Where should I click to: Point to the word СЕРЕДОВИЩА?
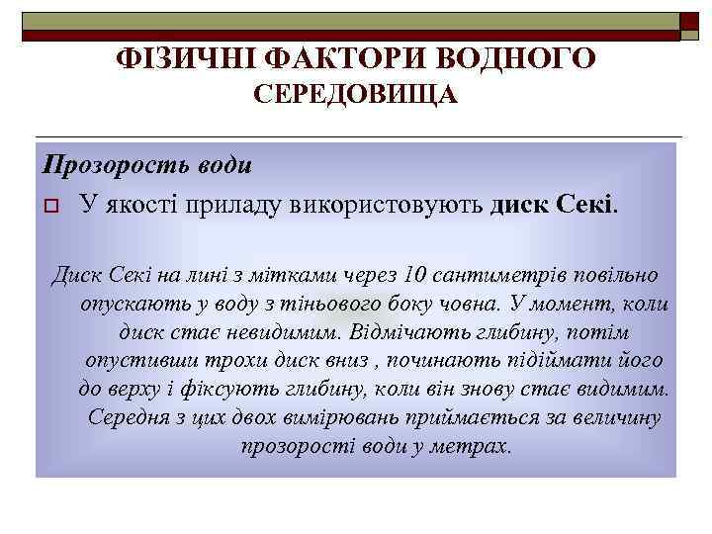pyautogui.click(x=356, y=96)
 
